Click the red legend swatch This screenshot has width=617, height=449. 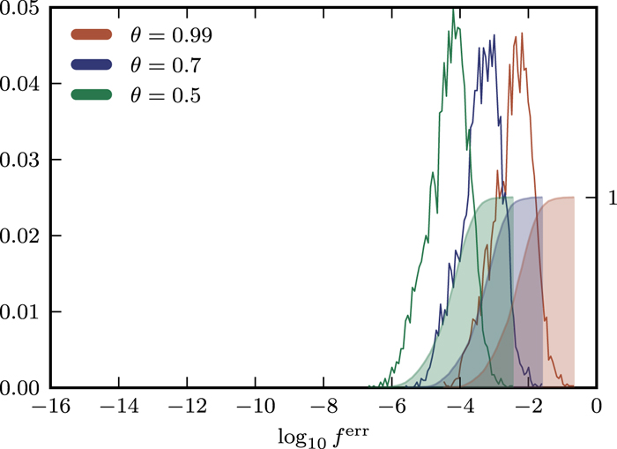coord(91,36)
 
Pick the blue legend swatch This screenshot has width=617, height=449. coord(91,65)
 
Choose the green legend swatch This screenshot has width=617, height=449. coord(91,94)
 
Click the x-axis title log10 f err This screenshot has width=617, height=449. coord(323,435)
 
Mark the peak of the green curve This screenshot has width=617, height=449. coord(453,9)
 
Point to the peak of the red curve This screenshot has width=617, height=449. coord(522,34)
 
